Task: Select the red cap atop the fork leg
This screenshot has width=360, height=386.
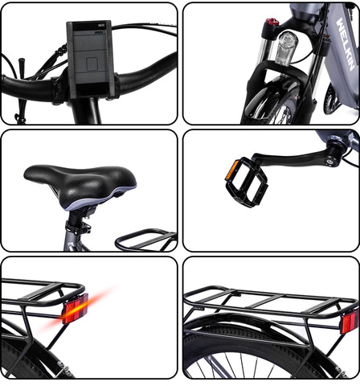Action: tap(273, 23)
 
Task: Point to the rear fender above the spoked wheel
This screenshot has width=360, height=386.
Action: tap(257, 330)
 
